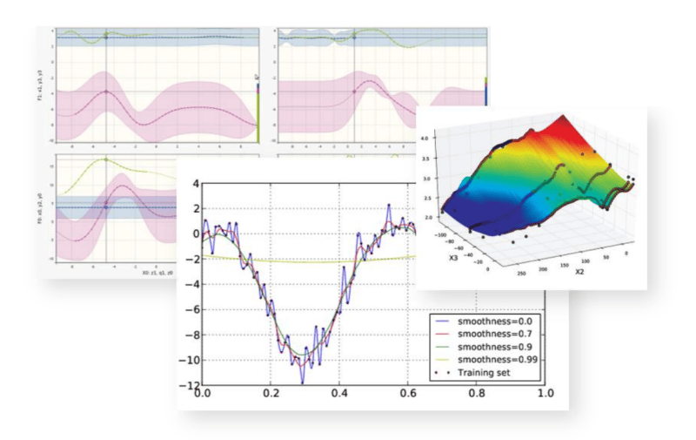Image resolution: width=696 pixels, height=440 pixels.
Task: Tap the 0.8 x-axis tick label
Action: tap(476, 394)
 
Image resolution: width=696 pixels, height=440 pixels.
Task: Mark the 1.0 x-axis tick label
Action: tap(544, 394)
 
